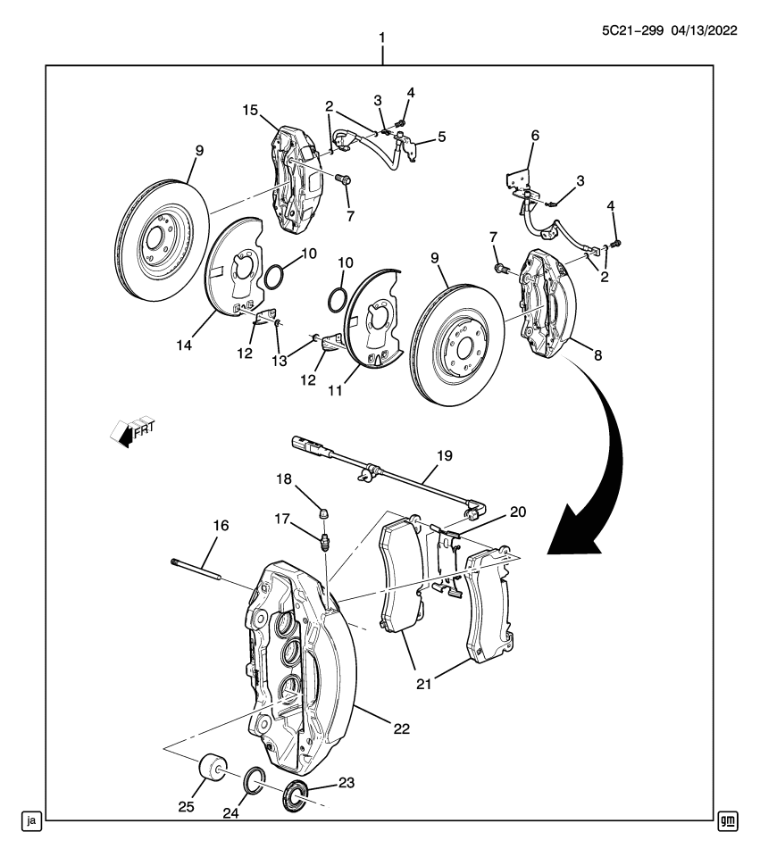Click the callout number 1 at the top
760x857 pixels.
pyautogui.click(x=382, y=38)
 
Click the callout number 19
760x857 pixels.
pyautogui.click(x=445, y=455)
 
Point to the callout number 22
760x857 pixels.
pyautogui.click(x=401, y=728)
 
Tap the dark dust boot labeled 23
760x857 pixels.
pyautogui.click(x=296, y=795)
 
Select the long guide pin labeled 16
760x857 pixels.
pyautogui.click(x=196, y=568)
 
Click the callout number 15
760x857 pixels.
pyautogui.click(x=250, y=110)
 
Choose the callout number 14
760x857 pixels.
pyautogui.click(x=184, y=345)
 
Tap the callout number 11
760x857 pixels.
pyautogui.click(x=335, y=390)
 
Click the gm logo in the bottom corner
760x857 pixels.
pyautogui.click(x=728, y=821)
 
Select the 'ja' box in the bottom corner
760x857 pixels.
pyautogui.click(x=32, y=821)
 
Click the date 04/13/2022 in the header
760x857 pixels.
pyautogui.click(x=704, y=30)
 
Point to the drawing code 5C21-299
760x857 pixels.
pyautogui.click(x=632, y=30)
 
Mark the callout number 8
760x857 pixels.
pyautogui.click(x=598, y=355)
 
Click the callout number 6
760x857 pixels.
pyautogui.click(x=535, y=135)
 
